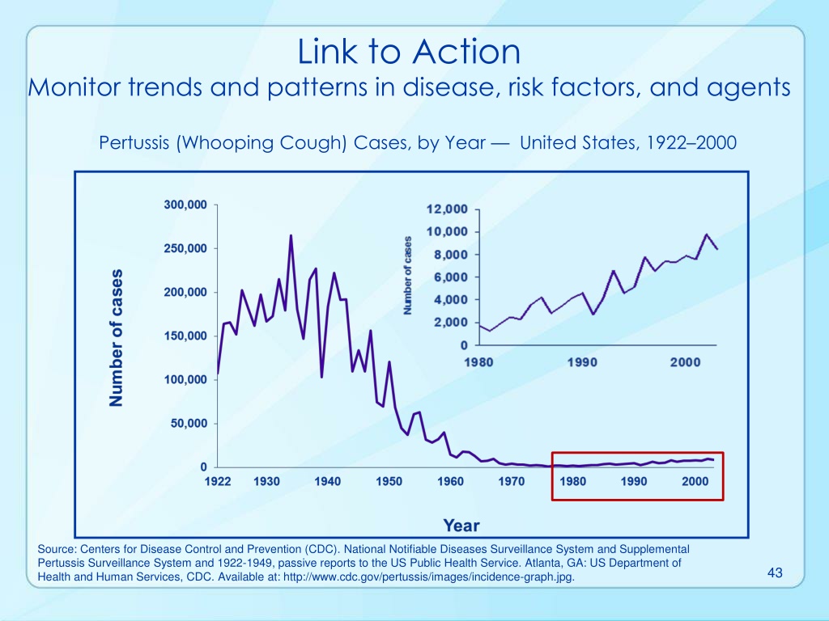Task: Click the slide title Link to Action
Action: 409,52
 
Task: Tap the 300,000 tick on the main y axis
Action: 185,205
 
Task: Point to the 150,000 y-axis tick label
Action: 185,336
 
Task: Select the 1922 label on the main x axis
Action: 218,482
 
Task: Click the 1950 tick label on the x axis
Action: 389,482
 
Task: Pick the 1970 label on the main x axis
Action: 512,482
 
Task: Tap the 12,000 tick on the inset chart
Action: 447,209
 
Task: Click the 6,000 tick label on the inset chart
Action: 451,277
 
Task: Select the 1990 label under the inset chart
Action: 582,362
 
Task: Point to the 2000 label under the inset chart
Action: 686,362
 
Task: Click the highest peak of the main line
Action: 291,235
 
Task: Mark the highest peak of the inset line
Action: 706,234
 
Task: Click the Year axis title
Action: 461,526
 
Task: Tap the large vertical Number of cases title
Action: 116,338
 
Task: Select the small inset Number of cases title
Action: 407,275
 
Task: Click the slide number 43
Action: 775,572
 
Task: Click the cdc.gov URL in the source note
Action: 429,577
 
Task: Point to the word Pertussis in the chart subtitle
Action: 135,142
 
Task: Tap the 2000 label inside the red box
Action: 695,482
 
